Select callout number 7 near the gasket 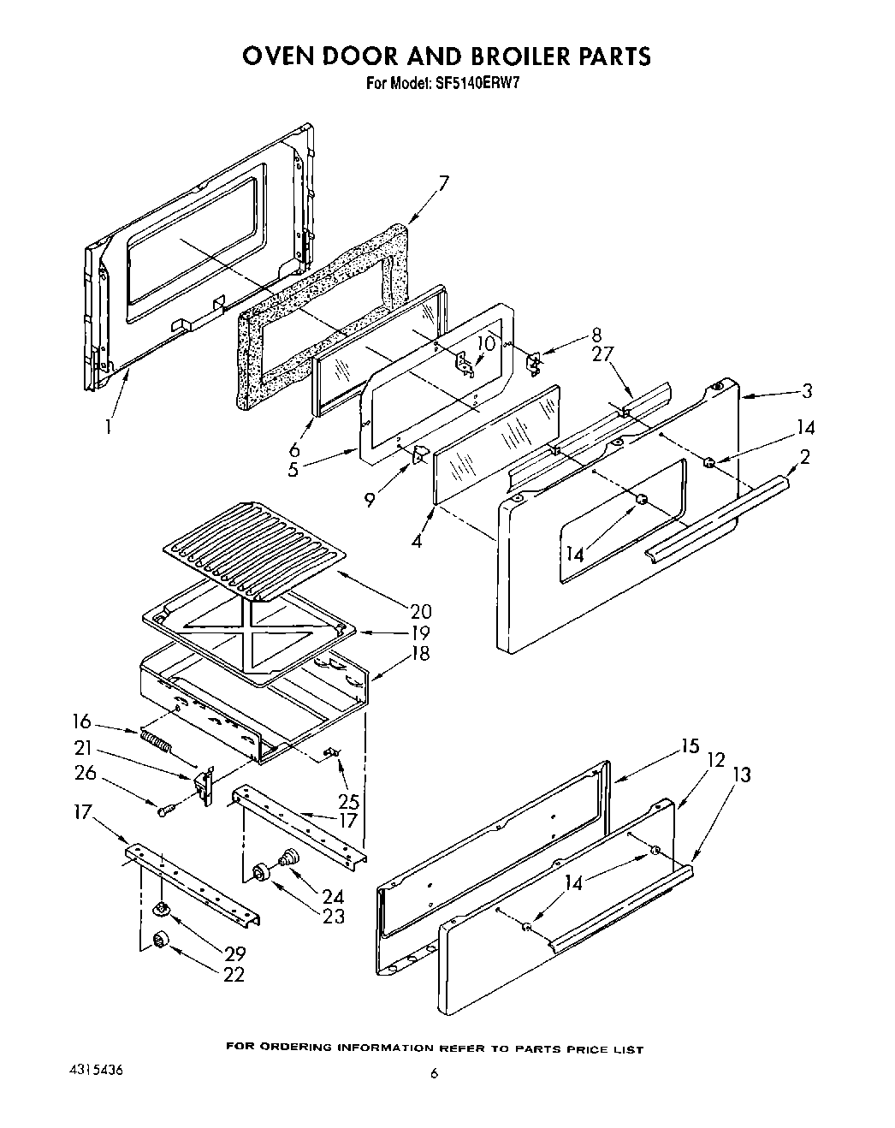coord(443,182)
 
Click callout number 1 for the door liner coord(109,425)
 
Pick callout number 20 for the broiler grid coord(420,612)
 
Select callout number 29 coord(234,953)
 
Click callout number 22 coord(234,974)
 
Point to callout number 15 coord(690,745)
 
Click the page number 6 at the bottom coord(434,1074)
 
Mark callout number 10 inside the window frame coord(486,343)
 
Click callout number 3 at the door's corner coord(806,391)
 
